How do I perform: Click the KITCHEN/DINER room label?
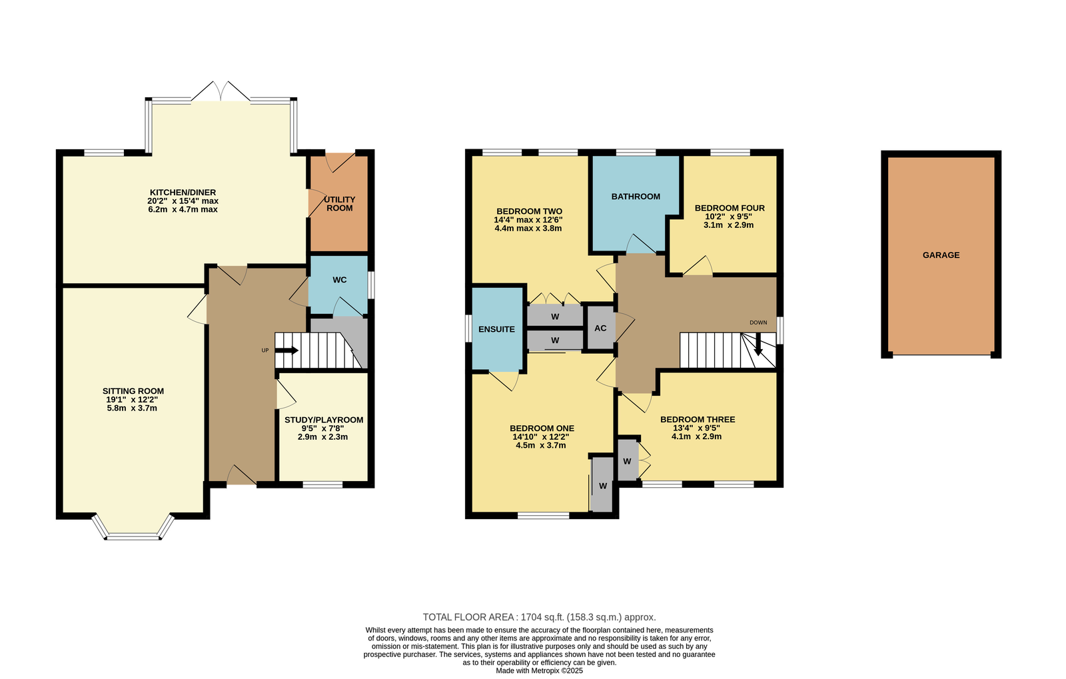tap(183, 192)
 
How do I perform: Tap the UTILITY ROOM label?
tap(340, 204)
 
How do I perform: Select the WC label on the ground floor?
tap(339, 280)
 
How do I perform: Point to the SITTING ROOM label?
tap(133, 391)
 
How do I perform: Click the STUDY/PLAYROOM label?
tap(324, 420)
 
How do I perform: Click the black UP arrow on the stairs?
tap(287, 350)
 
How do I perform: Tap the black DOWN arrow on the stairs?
tap(758, 344)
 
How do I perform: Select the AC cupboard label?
tap(600, 329)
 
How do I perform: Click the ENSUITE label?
tap(496, 329)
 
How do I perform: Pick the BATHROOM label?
tap(636, 197)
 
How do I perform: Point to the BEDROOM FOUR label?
tap(730, 208)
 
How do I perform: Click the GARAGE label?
tap(941, 255)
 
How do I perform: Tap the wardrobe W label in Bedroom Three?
tap(627, 461)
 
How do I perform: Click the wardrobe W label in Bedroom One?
tap(603, 486)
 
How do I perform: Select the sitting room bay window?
tap(133, 527)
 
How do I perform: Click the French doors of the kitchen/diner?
tap(221, 91)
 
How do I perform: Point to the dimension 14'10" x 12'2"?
tap(540, 437)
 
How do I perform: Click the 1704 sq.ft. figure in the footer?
tap(542, 617)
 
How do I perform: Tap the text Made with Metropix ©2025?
tap(539, 670)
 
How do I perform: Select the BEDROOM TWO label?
tap(529, 211)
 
